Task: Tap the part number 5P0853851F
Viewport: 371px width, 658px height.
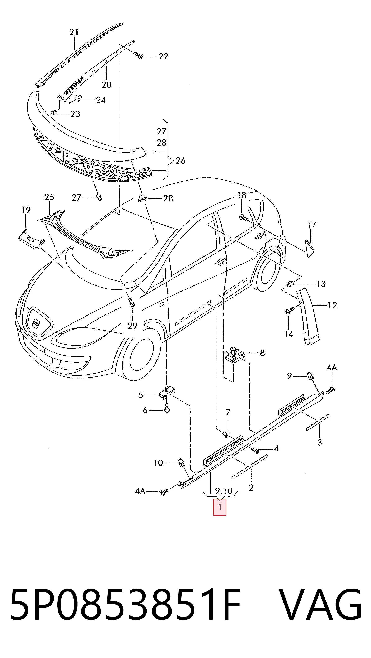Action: (x=125, y=604)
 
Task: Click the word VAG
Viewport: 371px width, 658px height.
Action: (x=320, y=604)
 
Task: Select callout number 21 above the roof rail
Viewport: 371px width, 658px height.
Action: (x=74, y=32)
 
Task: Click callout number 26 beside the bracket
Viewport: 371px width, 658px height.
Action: (x=180, y=160)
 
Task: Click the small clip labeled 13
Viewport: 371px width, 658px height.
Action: (x=290, y=284)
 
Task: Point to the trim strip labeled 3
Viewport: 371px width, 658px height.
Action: (x=318, y=423)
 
